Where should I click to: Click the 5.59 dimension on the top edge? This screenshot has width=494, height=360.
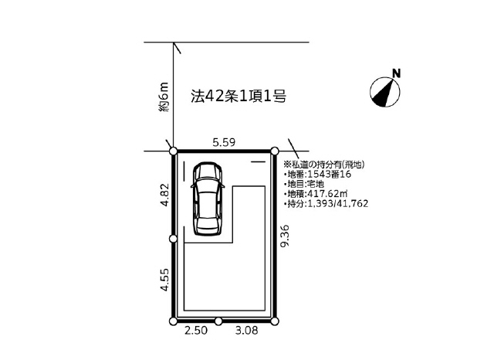(x=224, y=142)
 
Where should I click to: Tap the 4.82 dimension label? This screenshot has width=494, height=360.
(x=165, y=195)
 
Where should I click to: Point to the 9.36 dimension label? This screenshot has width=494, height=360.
(x=285, y=236)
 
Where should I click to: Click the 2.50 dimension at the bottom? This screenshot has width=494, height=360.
(x=196, y=331)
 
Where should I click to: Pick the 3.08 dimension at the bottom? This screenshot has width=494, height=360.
(x=246, y=331)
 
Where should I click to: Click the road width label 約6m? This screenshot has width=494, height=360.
(x=164, y=97)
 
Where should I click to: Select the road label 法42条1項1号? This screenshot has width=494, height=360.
(x=239, y=96)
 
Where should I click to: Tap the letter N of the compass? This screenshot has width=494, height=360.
(x=396, y=73)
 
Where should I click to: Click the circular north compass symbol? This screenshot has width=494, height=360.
(x=384, y=93)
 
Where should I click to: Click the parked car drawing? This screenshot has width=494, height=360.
(x=208, y=199)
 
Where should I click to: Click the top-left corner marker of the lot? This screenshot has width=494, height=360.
(x=173, y=151)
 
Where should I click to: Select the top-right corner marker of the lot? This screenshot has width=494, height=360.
(x=275, y=151)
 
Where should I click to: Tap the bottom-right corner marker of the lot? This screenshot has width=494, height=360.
(x=275, y=321)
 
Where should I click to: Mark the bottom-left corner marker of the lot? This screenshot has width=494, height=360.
(x=173, y=321)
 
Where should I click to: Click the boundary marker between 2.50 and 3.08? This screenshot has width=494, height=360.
(x=218, y=321)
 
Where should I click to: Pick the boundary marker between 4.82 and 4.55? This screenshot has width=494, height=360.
(x=173, y=239)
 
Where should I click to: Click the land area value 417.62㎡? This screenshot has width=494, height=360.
(x=327, y=193)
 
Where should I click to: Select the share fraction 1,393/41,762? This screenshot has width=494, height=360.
(x=337, y=203)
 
